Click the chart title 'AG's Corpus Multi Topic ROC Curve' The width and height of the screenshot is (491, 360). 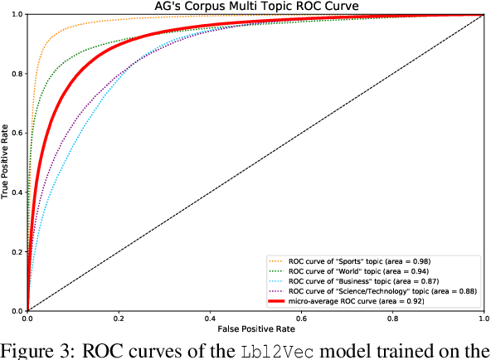click(255, 7)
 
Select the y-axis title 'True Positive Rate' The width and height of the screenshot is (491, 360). click(6, 163)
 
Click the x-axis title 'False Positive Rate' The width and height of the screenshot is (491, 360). click(255, 329)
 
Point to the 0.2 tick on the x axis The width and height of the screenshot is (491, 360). click(119, 319)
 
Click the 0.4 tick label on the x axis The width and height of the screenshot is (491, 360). click(210, 319)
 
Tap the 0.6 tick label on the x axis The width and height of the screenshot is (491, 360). click(301, 319)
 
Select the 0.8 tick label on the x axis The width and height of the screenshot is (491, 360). click(392, 319)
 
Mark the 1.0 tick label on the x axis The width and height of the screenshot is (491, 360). click(483, 319)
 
